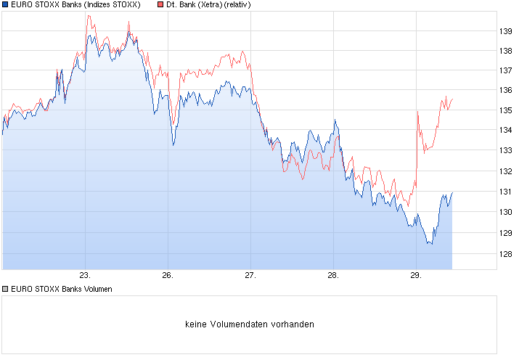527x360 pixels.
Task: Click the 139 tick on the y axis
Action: coord(507,30)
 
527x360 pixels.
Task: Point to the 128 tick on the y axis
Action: coord(507,254)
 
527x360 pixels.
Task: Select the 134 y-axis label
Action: coord(507,131)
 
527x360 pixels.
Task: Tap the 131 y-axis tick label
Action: coord(507,192)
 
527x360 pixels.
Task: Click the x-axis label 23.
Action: coord(85,276)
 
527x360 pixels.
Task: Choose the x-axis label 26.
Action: coord(167,276)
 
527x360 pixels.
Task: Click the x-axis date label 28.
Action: coord(332,276)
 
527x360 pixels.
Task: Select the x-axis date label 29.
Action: coord(415,276)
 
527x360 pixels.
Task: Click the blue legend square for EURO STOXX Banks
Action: coord(6,5)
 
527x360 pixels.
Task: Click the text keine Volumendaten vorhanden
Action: coord(250,324)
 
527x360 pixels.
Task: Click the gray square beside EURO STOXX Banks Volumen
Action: coord(6,289)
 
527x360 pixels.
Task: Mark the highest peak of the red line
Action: coord(88,16)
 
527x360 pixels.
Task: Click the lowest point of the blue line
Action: coord(431,244)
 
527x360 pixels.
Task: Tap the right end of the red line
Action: coord(452,99)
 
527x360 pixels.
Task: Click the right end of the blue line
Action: coord(452,193)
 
